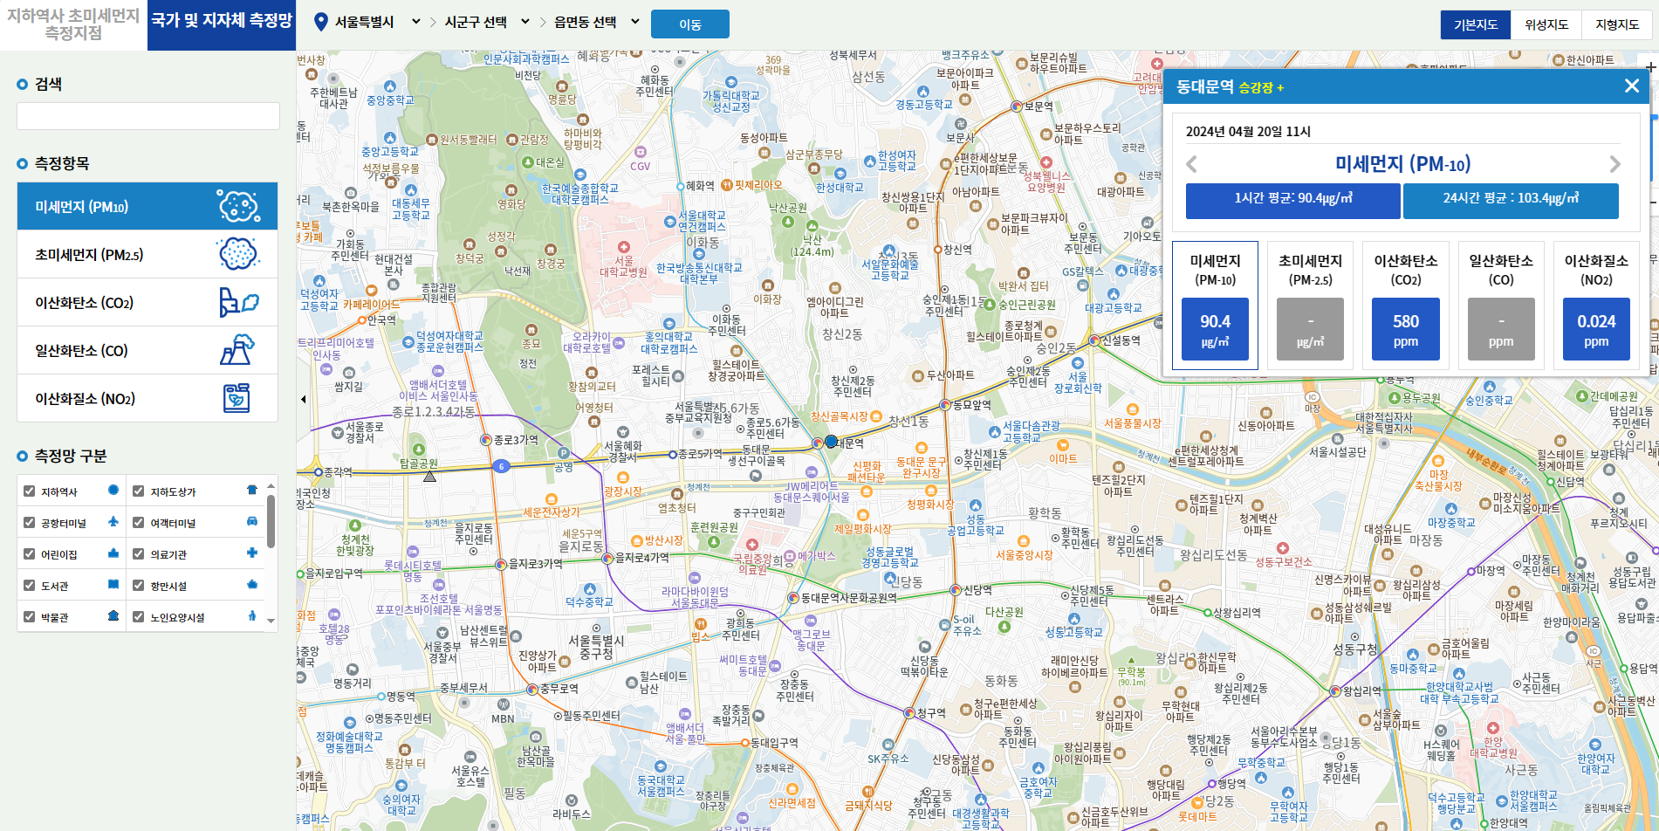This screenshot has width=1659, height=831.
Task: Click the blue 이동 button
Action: [689, 24]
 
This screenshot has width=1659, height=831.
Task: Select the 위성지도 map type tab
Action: [1546, 24]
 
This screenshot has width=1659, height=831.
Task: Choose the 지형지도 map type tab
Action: [1616, 24]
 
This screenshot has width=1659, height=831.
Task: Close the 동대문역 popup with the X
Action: [1631, 86]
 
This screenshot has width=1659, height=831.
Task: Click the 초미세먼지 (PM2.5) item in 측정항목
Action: [147, 255]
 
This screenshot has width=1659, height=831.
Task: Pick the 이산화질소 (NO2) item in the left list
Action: [147, 399]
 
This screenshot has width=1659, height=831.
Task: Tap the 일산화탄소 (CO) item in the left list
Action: [147, 351]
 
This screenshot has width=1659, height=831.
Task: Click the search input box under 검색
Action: [148, 116]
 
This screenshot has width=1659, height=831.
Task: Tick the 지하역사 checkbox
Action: [30, 491]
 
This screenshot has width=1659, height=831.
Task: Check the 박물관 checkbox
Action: [30, 617]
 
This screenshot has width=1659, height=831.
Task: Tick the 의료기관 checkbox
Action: [139, 554]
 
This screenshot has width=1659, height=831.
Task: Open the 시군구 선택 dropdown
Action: [486, 22]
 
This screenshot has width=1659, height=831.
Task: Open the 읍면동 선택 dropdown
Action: [596, 22]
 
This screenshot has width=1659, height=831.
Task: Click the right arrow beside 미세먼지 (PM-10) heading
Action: [1614, 164]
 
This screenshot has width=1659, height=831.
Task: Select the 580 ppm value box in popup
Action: [1405, 329]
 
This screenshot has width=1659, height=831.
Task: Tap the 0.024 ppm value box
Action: [1596, 329]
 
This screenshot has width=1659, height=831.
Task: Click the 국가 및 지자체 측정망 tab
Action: [222, 21]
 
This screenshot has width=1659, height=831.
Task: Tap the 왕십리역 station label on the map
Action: [1361, 690]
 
